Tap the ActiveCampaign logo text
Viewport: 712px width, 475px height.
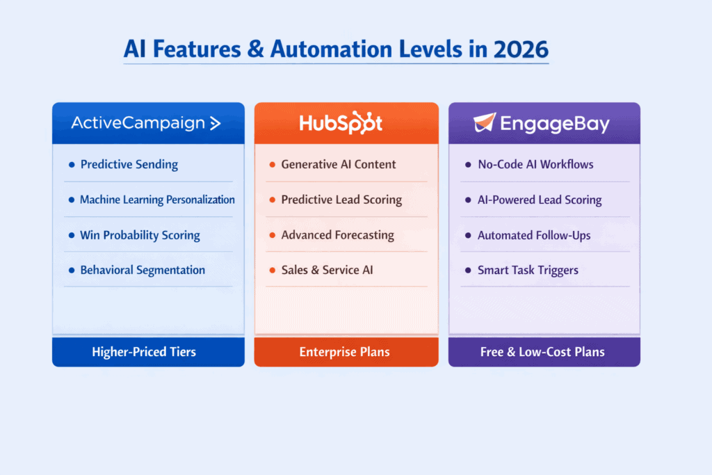pos(138,124)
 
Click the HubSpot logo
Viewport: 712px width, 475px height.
pos(341,123)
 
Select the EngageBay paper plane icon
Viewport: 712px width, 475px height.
pos(485,122)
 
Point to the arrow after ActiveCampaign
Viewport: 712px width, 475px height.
pos(216,124)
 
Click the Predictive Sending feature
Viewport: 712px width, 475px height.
pos(129,165)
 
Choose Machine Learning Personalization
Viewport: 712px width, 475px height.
pos(157,200)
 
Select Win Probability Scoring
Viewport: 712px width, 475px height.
pos(140,235)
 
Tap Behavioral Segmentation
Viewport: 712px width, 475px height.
pos(143,270)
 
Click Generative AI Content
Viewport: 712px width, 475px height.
pos(338,165)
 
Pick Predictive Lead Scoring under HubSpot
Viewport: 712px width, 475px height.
pos(341,200)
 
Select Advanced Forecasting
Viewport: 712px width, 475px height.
pos(337,235)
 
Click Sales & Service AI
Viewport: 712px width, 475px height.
pos(327,270)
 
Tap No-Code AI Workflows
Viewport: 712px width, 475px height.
pos(535,165)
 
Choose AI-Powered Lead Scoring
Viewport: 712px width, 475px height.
pos(539,200)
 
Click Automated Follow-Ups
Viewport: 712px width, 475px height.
pos(533,235)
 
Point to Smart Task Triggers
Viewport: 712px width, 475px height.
pos(528,270)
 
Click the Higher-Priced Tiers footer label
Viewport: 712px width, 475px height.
pos(144,352)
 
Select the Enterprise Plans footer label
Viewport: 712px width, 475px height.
pos(346,352)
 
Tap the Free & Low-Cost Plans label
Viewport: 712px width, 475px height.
pos(542,352)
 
